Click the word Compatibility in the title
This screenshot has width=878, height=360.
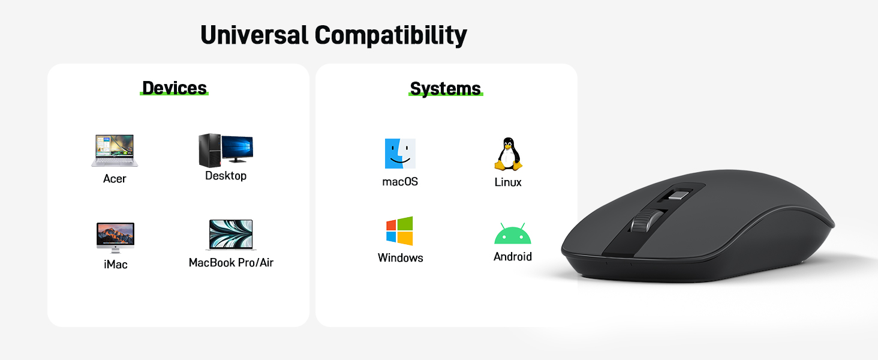pos(391,36)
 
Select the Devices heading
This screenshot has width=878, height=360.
pos(175,88)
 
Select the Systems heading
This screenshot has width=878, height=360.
pos(445,89)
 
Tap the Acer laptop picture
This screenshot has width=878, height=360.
pos(115,151)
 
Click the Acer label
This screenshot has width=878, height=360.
pos(115,179)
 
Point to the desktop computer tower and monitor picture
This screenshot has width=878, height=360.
pos(225,149)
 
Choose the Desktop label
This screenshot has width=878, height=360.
pos(225,176)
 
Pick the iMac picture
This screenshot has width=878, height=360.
pos(115,238)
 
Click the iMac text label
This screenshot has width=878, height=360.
pos(115,264)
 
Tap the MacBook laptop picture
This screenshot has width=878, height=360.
pos(231,235)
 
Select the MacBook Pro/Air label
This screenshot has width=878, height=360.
pos(231,263)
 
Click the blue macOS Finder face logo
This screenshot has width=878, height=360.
pos(400,154)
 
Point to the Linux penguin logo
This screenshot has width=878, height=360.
pos(508,154)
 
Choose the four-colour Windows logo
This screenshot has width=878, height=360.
pos(399,231)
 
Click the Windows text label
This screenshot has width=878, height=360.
pos(400,258)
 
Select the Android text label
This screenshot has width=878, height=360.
pos(512,257)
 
